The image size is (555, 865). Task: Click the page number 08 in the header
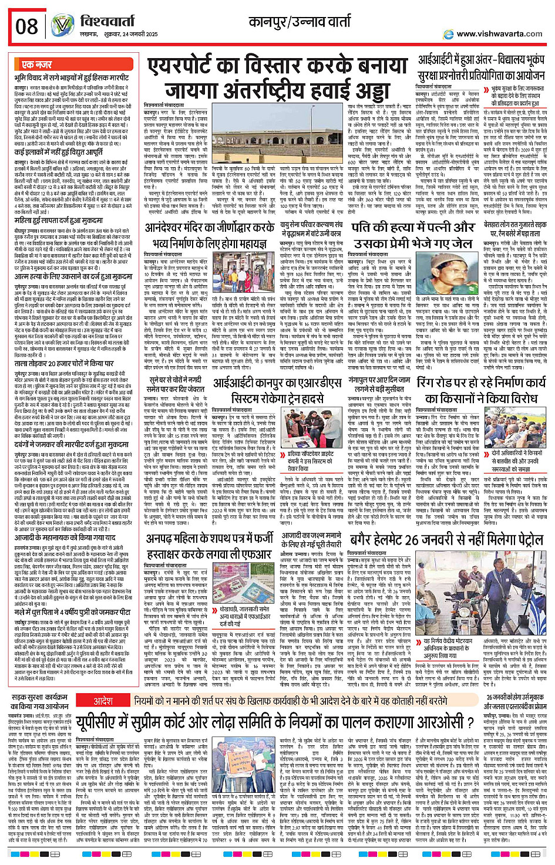(x=27, y=26)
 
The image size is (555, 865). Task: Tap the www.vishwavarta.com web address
(x=499, y=33)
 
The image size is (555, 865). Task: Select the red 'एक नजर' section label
(x=36, y=65)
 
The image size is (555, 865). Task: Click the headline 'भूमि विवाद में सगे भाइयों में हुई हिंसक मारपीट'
(x=72, y=77)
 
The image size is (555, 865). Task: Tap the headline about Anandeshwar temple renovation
(x=210, y=234)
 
